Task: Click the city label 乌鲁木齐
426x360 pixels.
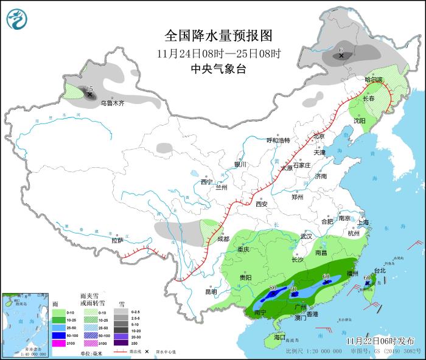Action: click(112, 103)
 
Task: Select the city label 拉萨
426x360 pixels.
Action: click(117, 240)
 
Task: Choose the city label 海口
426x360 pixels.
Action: click(279, 337)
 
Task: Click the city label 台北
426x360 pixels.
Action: click(380, 271)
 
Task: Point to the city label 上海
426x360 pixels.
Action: click(364, 223)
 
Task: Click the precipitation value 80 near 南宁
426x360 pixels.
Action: click(273, 288)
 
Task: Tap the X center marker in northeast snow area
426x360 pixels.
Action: click(341, 56)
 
